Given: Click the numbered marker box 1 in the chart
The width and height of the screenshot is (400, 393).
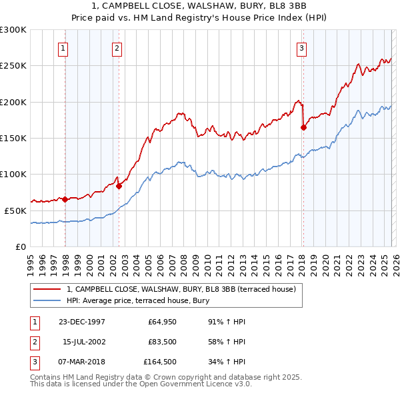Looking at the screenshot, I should [x=63, y=48].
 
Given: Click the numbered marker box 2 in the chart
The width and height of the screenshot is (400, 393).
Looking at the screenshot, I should [x=117, y=48].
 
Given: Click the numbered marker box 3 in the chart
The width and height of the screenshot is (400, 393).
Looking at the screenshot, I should [x=301, y=48].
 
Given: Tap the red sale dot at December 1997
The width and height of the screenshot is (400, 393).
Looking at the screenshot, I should [x=65, y=199].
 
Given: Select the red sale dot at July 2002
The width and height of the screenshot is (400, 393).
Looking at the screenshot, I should [x=119, y=186].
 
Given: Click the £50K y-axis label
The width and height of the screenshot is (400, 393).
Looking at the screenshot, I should [x=15, y=210].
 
